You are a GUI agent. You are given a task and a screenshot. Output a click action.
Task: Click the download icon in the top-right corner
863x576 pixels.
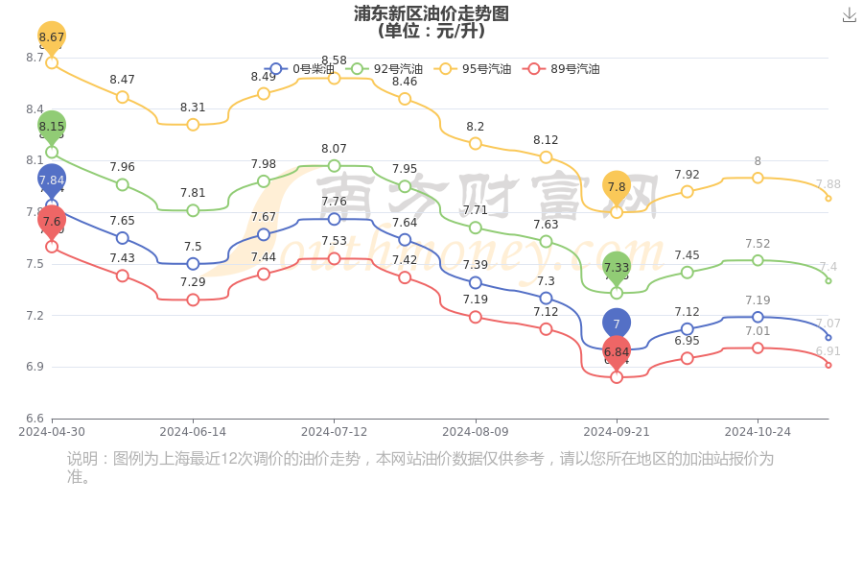click(x=849, y=15)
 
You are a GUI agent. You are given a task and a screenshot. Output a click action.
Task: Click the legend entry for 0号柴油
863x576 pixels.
click(x=301, y=69)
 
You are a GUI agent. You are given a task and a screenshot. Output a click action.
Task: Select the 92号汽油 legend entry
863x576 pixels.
click(x=385, y=69)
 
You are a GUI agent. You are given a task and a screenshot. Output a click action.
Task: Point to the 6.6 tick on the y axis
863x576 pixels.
click(x=35, y=419)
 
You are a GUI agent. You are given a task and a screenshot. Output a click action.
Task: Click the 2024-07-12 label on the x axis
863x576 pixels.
click(x=334, y=432)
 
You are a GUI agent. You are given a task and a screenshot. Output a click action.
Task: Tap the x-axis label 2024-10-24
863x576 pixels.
click(x=758, y=432)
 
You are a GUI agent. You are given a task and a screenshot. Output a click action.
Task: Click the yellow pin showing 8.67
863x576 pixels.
click(x=52, y=37)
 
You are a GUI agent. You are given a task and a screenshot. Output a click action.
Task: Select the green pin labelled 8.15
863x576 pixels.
click(x=52, y=126)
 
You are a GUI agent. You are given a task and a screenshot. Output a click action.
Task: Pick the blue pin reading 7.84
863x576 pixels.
click(x=52, y=180)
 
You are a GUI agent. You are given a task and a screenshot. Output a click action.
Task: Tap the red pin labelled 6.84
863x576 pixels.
click(x=617, y=352)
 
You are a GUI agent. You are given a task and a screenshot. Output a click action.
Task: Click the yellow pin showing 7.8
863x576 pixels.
click(x=617, y=187)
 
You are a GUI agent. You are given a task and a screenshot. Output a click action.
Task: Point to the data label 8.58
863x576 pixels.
click(x=334, y=60)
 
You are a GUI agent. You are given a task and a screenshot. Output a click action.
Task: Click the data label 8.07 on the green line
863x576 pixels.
click(x=334, y=149)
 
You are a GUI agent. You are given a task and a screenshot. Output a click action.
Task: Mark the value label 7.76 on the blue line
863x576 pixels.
click(x=334, y=202)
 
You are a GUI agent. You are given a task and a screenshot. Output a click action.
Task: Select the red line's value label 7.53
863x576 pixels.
click(x=334, y=241)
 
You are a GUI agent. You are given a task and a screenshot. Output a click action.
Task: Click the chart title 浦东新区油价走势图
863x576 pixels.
click(x=431, y=13)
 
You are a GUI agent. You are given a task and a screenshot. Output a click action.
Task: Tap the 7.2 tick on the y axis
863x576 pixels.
click(x=35, y=315)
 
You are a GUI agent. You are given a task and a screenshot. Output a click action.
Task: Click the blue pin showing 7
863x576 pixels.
click(x=617, y=324)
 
